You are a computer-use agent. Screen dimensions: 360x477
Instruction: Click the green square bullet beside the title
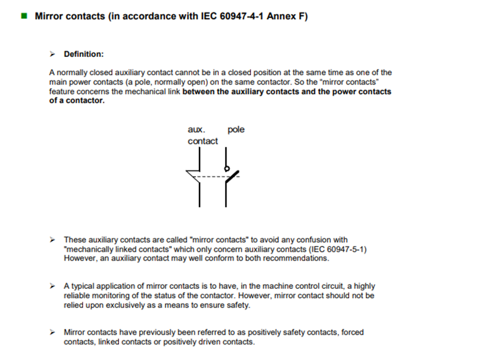point(24,16)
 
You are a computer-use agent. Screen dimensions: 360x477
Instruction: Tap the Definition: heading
point(84,54)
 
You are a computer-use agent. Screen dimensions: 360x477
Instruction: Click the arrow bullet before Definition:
point(53,54)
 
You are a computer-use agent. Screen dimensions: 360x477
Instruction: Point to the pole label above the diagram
point(236,129)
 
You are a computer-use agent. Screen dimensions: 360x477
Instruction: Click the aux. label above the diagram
point(197,129)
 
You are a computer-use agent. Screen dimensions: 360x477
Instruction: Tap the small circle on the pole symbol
point(226,169)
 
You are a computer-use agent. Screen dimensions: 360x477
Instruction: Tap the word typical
point(84,286)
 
